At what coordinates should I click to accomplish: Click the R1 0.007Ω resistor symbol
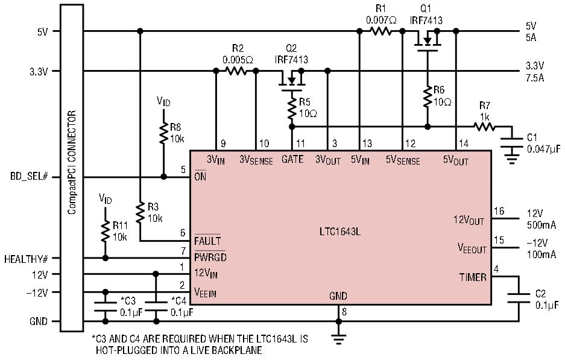(380, 31)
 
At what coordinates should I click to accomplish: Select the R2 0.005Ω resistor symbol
(236, 71)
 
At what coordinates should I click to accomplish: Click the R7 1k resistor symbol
(484, 127)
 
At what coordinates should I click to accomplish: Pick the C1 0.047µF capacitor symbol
(512, 142)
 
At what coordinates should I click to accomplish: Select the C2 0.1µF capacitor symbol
(519, 298)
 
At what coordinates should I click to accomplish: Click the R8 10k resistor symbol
(163, 133)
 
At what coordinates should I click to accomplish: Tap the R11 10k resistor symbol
(106, 231)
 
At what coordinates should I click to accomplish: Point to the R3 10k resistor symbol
(140, 213)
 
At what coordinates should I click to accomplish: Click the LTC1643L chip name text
(340, 232)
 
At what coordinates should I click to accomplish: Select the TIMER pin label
(473, 277)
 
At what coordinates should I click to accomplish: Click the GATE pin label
(292, 159)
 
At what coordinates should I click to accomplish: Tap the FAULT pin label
(207, 241)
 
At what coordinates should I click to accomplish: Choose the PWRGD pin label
(210, 257)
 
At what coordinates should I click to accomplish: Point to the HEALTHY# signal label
(27, 259)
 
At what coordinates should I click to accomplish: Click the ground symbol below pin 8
(338, 339)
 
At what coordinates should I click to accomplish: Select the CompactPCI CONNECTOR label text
(72, 162)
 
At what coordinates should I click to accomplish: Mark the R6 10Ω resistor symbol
(428, 96)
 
